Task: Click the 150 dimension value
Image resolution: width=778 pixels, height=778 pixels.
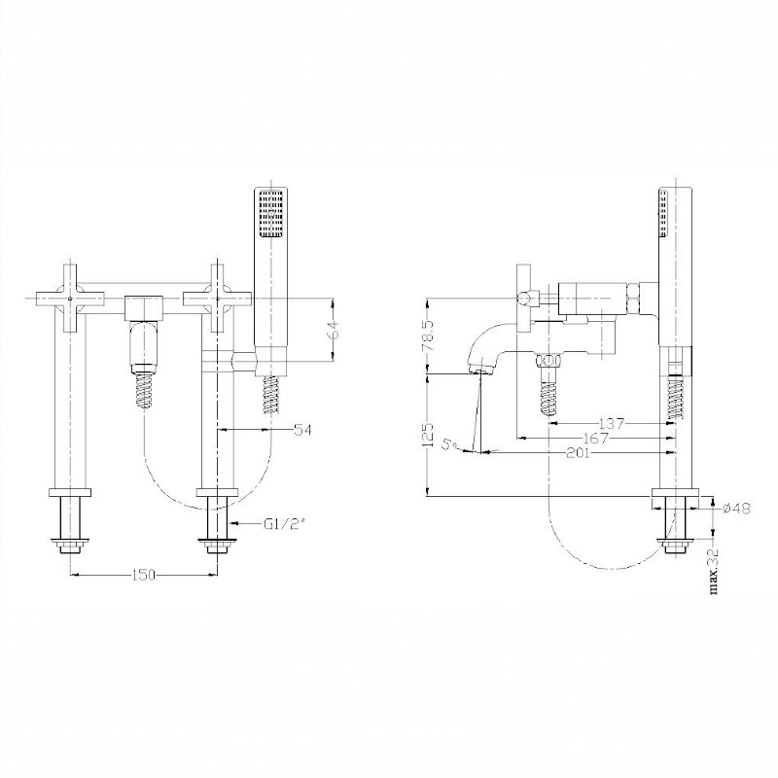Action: click(x=144, y=575)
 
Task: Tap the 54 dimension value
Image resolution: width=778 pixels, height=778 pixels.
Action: click(x=302, y=430)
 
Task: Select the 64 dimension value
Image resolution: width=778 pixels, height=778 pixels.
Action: click(x=332, y=330)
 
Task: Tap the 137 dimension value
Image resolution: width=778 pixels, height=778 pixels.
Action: click(x=612, y=424)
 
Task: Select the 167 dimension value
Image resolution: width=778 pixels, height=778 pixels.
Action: click(x=596, y=439)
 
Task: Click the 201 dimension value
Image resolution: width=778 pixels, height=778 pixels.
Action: click(x=578, y=452)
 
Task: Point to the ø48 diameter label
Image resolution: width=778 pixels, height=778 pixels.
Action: click(x=737, y=508)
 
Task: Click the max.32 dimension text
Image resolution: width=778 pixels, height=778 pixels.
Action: click(x=715, y=571)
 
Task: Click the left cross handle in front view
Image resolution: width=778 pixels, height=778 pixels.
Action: click(x=70, y=299)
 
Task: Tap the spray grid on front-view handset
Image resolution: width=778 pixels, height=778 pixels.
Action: click(x=271, y=213)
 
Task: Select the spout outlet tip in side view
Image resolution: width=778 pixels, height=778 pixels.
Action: click(x=479, y=371)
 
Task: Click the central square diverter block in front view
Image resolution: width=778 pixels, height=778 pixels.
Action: click(x=143, y=308)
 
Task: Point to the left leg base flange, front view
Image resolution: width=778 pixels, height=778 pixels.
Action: click(x=70, y=493)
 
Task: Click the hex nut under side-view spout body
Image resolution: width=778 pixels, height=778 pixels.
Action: click(x=549, y=359)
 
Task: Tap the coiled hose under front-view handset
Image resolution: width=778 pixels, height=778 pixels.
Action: click(x=270, y=395)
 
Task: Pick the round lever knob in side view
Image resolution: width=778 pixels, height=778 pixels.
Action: click(x=523, y=299)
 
